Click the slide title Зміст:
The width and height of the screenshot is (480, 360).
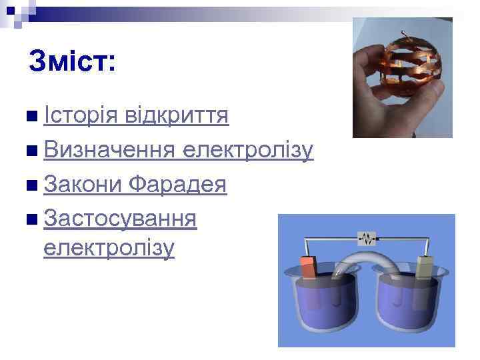tap(73, 62)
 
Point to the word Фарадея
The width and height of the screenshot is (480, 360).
tap(178, 184)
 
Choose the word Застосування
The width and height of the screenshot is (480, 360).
tap(120, 218)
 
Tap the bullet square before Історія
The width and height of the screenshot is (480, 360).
tap(33, 117)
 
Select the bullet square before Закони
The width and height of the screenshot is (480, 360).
tap(33, 185)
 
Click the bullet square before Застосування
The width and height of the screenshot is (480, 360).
tap(33, 219)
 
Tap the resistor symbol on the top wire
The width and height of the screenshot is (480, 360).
tap(367, 237)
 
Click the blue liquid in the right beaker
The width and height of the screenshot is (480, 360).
tap(407, 307)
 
